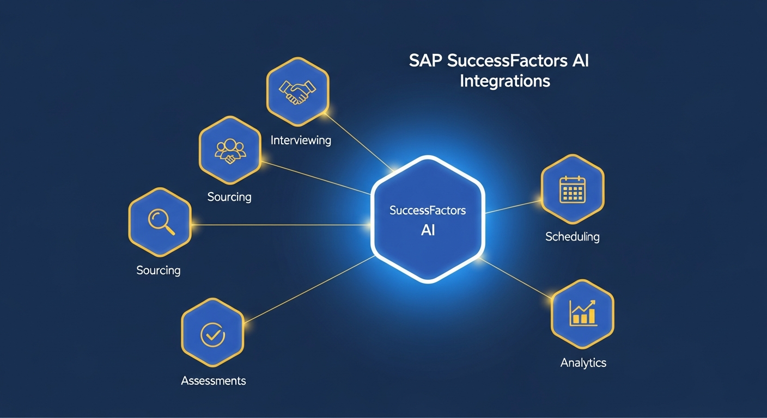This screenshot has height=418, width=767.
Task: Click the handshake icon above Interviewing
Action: pos(297,90)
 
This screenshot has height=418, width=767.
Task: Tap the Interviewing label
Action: pos(301,140)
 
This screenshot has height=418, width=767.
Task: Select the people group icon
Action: pos(230,149)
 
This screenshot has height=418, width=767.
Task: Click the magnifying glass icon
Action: pos(161,222)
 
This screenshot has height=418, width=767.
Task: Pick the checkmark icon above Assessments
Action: pos(212,334)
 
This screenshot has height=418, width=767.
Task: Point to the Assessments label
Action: pos(213,380)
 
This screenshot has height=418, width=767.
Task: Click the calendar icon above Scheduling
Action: pos(572,190)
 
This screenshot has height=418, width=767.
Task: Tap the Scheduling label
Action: pos(572,237)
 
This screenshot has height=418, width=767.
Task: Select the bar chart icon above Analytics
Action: pos(582,312)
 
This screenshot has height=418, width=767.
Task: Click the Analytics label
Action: pos(583,362)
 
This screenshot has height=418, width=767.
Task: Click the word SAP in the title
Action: pos(425,61)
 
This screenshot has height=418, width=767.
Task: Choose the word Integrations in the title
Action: pos(504,82)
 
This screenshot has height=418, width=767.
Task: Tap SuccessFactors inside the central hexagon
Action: pos(428,210)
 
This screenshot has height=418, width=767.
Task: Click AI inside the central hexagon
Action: pos(428,230)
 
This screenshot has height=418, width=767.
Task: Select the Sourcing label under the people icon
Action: pos(229,196)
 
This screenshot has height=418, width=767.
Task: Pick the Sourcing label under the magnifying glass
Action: pos(158,270)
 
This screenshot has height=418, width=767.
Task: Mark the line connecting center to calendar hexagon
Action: pos(512,207)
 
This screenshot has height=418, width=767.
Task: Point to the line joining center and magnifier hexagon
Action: pos(278,224)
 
